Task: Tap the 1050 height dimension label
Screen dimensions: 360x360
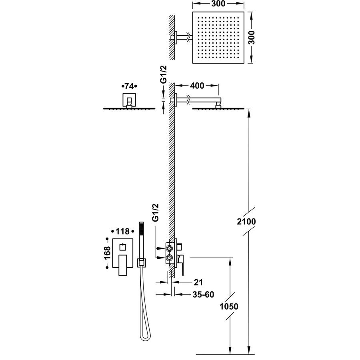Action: [x=229, y=307]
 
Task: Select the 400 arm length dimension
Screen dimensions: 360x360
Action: [x=197, y=85]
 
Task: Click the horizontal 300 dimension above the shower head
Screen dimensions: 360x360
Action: [x=218, y=4]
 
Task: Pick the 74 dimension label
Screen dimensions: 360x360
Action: [x=129, y=86]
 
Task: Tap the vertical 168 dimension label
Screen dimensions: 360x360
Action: [x=107, y=258]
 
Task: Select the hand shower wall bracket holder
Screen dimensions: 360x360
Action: [x=141, y=263]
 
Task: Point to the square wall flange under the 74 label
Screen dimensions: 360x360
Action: [x=129, y=99]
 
